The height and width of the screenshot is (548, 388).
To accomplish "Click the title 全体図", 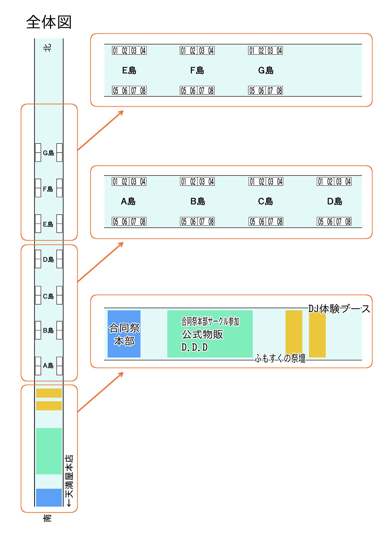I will point(49,22).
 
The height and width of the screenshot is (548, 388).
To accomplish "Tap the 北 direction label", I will point(47,48).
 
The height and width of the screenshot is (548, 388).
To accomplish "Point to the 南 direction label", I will point(47,518).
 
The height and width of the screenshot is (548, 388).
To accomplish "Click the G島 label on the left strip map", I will point(48,153).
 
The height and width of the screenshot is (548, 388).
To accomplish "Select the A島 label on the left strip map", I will point(48,365).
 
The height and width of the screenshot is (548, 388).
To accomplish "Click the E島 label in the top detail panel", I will point(129,71).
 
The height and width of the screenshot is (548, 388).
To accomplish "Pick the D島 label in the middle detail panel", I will point(335,201).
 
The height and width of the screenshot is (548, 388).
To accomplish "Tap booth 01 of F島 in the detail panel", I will point(183,51).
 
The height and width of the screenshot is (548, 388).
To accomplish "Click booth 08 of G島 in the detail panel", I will point(279,91).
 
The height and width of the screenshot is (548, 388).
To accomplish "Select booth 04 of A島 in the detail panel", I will point(143,182).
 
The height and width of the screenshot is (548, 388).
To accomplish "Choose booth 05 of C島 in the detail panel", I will point(252,222).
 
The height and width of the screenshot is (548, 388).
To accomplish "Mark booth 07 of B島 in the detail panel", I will point(202,222).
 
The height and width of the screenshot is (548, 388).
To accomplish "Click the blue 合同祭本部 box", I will point(124,334).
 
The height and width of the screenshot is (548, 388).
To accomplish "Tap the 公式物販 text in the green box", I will point(202,334).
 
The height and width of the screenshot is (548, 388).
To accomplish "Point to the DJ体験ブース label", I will point(339,309).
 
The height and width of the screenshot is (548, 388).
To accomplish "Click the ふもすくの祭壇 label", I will point(280,358).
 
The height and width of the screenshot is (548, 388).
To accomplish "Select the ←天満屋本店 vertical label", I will point(69,480).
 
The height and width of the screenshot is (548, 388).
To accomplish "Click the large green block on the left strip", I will point(49,451).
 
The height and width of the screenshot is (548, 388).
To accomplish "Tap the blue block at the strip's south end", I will point(49,497).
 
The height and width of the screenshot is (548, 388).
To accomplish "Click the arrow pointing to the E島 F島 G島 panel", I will point(100,130).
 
